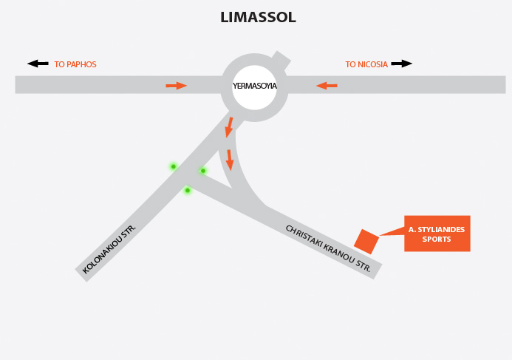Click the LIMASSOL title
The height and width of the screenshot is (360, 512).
[x=258, y=17]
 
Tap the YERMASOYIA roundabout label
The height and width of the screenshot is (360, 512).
[x=254, y=86]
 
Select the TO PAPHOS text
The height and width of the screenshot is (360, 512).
[x=75, y=64]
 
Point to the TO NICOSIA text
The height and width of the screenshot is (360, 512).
[x=366, y=64]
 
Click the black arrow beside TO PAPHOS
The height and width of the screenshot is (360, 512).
[x=38, y=64]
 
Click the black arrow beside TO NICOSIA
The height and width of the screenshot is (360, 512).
[x=401, y=64]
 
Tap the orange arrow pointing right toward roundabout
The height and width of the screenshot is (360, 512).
[x=176, y=86]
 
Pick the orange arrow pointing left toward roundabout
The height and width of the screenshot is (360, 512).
[x=327, y=86]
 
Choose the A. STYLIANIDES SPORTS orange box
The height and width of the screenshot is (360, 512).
[x=437, y=234]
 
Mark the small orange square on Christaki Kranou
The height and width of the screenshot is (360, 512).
[x=366, y=241]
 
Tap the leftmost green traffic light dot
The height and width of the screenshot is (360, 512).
[x=174, y=166]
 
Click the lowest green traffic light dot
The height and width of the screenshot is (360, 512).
[x=188, y=190]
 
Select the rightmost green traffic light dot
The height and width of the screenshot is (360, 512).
[x=203, y=171]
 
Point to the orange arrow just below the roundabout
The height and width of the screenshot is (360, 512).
[x=230, y=126]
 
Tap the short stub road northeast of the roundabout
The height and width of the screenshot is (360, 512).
[x=280, y=59]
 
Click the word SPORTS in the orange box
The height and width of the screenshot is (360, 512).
[x=437, y=240]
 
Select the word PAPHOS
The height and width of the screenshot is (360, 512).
[x=81, y=64]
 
